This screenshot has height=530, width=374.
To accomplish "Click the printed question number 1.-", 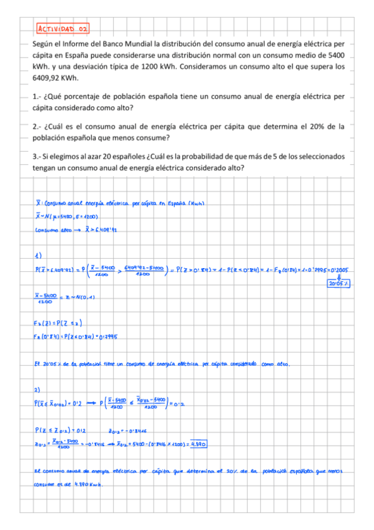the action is pyautogui.click(x=37, y=97).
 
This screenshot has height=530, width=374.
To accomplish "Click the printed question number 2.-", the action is pyautogui.click(x=37, y=126).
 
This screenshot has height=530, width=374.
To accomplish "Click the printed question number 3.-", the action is pyautogui.click(x=37, y=156).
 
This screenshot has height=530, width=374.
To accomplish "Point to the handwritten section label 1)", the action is pyautogui.click(x=38, y=254).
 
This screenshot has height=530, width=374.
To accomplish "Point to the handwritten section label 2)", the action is pyautogui.click(x=38, y=388).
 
